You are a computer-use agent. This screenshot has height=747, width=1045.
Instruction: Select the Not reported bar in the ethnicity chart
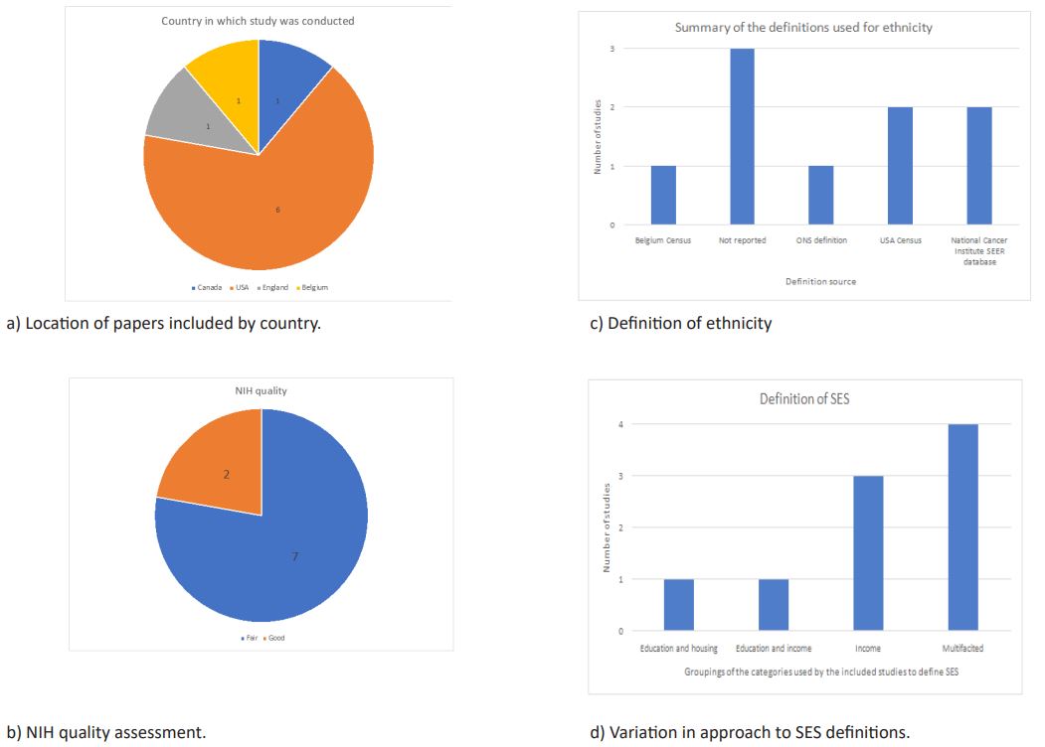click(x=742, y=137)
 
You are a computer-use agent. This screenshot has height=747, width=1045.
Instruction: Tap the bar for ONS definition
click(x=820, y=195)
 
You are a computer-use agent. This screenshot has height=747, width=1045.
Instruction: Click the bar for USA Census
click(x=900, y=166)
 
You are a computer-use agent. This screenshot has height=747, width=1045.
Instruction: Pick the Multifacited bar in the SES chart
click(x=962, y=527)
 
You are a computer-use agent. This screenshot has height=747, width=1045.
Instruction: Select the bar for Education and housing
click(x=678, y=605)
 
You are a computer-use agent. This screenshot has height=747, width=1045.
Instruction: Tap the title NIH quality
click(x=261, y=390)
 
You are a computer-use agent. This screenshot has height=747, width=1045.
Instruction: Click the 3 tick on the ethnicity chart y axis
click(x=612, y=49)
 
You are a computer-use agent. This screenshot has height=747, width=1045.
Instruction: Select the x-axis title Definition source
click(x=820, y=281)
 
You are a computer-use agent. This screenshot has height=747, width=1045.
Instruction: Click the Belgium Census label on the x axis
click(x=662, y=240)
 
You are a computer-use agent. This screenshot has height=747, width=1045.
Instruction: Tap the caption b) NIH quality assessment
click(x=106, y=733)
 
